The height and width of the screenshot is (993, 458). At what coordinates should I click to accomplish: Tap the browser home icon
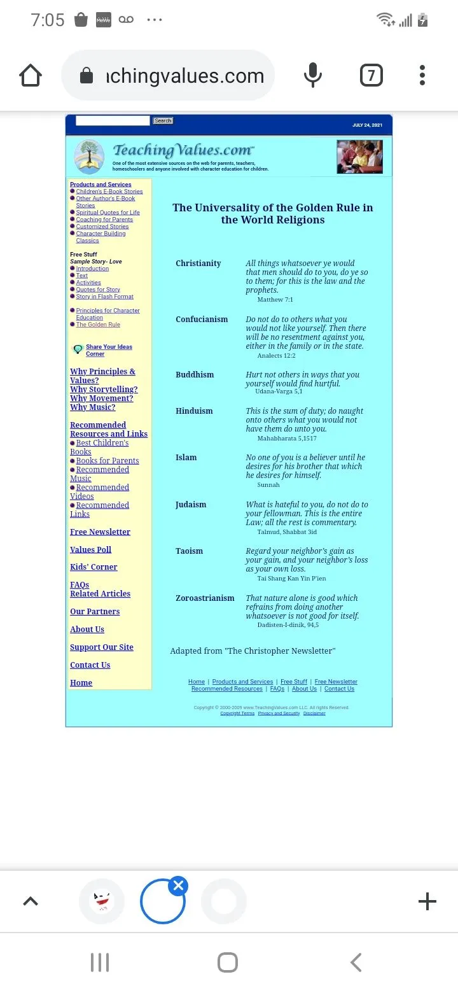click(31, 76)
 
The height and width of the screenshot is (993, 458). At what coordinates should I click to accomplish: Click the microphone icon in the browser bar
click(312, 76)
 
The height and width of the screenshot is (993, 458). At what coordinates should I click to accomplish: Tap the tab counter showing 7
click(371, 76)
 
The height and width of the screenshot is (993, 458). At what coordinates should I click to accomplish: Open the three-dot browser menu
click(422, 76)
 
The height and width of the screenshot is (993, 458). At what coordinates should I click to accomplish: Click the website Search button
click(163, 121)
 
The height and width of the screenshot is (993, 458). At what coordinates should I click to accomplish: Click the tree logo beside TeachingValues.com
click(89, 157)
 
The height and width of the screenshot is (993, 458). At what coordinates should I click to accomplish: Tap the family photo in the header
click(359, 157)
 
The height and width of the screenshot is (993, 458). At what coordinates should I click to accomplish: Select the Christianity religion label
click(198, 264)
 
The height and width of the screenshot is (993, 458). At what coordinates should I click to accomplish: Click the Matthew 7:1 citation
click(275, 299)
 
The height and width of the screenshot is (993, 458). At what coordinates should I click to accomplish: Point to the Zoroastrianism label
click(205, 598)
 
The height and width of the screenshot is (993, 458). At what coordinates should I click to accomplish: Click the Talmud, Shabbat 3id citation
click(287, 532)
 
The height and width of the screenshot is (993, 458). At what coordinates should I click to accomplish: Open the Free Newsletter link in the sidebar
click(100, 532)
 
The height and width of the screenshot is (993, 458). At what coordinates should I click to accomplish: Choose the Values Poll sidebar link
click(90, 550)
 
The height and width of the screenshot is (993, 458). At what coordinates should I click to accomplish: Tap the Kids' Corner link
click(94, 567)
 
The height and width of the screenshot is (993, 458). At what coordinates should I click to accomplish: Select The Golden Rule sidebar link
click(98, 325)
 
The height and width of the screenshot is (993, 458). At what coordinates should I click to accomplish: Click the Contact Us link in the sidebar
click(90, 665)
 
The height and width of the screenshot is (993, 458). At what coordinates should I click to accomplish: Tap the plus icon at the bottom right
click(427, 901)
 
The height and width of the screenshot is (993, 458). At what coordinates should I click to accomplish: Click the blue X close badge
click(179, 885)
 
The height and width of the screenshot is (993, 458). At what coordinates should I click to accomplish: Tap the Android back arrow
click(356, 962)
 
